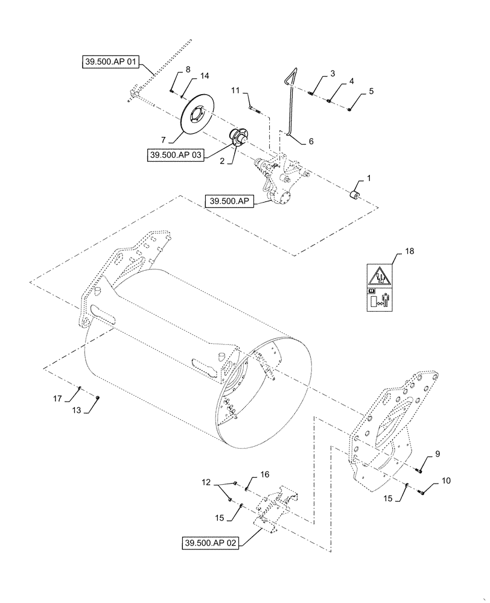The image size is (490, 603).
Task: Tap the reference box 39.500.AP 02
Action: (211, 544)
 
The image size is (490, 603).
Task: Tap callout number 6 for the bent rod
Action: (311, 140)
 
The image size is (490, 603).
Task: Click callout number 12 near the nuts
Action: (208, 482)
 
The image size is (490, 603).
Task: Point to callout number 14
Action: (205, 76)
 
